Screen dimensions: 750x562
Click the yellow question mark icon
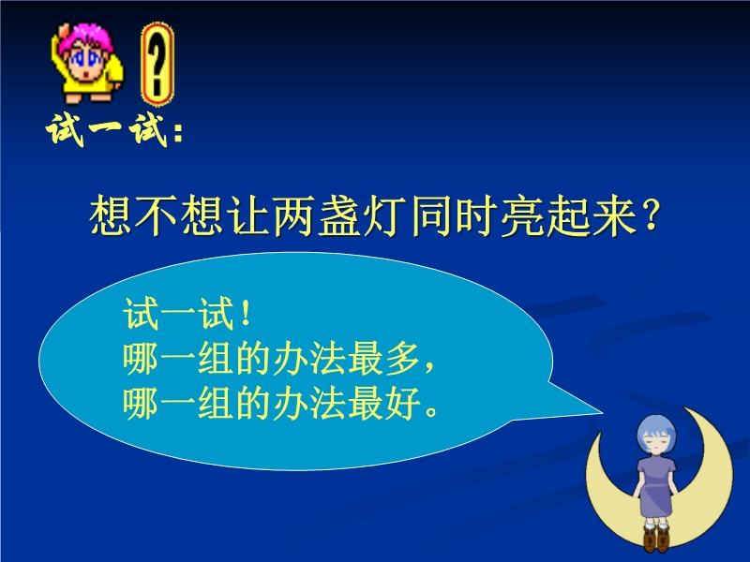(x=157, y=64)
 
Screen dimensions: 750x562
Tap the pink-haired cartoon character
(x=87, y=63)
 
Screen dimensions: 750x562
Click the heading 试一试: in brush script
(x=114, y=129)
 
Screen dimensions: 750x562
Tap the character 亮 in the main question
(x=521, y=216)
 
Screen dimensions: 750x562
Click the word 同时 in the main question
(x=453, y=216)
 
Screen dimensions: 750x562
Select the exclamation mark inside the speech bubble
(x=247, y=314)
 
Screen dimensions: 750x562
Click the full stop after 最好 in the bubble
(x=431, y=411)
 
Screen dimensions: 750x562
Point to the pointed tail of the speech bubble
(x=601, y=412)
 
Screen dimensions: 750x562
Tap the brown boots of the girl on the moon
(x=656, y=538)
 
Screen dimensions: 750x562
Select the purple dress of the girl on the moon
(x=656, y=486)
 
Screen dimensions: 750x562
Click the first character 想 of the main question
(x=111, y=216)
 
